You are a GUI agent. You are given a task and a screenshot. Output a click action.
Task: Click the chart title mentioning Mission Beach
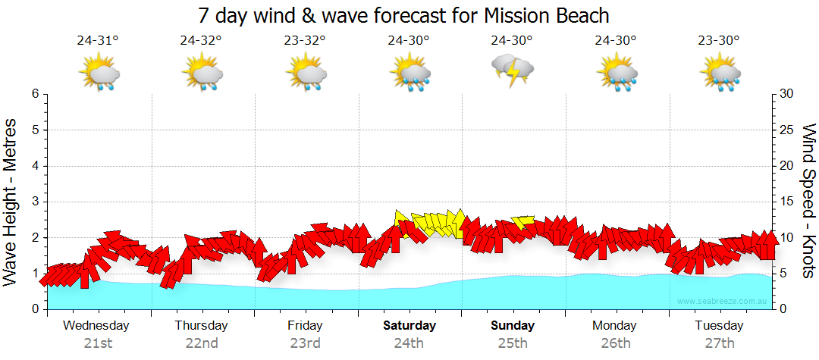pyautogui.click(x=403, y=15)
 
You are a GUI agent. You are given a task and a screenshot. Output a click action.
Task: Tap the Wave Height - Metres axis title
pyautogui.click(x=11, y=202)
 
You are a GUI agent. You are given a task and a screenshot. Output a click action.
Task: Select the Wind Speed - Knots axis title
pyautogui.click(x=808, y=202)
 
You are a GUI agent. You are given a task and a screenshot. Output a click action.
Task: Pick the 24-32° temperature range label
pyautogui.click(x=202, y=41)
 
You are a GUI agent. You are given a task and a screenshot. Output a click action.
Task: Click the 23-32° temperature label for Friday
pyautogui.click(x=306, y=41)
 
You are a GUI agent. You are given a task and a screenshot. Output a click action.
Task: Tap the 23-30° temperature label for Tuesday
pyautogui.click(x=720, y=41)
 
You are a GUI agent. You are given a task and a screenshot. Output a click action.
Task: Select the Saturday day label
pyautogui.click(x=409, y=326)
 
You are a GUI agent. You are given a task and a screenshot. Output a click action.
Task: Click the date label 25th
pyautogui.click(x=513, y=343)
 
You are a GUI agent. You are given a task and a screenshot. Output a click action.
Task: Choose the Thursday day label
pyautogui.click(x=201, y=326)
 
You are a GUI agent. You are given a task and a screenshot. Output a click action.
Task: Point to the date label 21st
pyautogui.click(x=98, y=343)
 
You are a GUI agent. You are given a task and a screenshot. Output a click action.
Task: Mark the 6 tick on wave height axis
pyautogui.click(x=35, y=94)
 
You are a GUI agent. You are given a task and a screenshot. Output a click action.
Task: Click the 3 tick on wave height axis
pyautogui.click(x=35, y=202)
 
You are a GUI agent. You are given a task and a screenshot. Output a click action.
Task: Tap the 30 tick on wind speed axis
pyautogui.click(x=786, y=94)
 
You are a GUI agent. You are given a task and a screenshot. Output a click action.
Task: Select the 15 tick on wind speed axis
pyautogui.click(x=786, y=202)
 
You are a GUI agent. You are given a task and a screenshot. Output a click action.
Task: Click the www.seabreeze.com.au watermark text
pyautogui.click(x=723, y=301)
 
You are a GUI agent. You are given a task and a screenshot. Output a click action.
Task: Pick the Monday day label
pyautogui.click(x=615, y=326)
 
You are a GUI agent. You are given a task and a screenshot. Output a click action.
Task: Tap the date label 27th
pyautogui.click(x=720, y=343)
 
